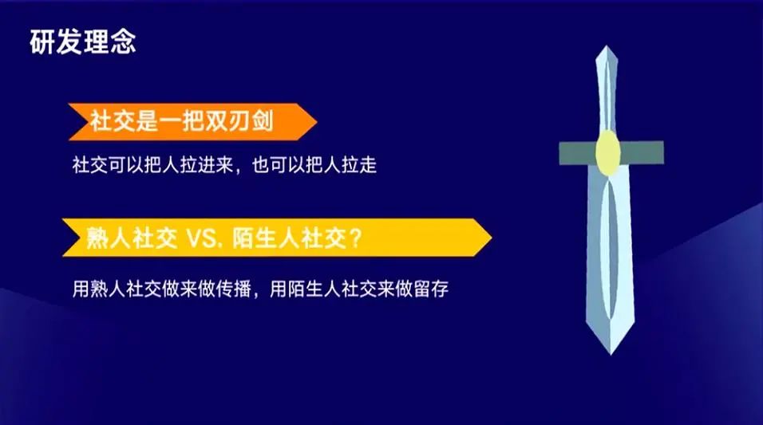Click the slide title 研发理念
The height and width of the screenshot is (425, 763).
(x=83, y=41)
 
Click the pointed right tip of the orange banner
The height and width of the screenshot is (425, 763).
(x=317, y=122)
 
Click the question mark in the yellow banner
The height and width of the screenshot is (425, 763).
(x=355, y=238)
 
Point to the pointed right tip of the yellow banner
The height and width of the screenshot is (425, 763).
(x=492, y=238)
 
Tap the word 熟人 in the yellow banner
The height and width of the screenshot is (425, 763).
(x=108, y=238)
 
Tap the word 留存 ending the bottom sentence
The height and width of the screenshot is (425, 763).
(x=431, y=289)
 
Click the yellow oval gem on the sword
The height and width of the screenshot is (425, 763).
(x=608, y=152)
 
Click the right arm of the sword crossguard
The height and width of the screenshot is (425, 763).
(x=642, y=152)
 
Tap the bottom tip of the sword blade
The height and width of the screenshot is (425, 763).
(x=611, y=354)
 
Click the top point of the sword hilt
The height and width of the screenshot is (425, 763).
(x=607, y=46)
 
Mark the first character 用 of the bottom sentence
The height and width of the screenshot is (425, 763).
(x=81, y=289)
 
